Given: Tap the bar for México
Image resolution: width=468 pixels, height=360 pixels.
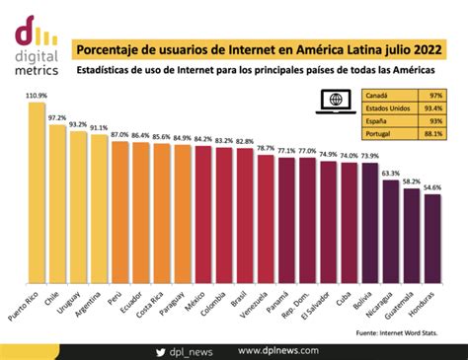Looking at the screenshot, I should click(x=203, y=216).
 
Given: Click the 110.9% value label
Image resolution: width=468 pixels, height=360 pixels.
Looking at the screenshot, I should click(x=36, y=96).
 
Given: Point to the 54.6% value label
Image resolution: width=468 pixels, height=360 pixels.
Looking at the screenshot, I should click(x=432, y=186).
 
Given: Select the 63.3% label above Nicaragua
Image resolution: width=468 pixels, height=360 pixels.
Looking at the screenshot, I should click(x=391, y=173).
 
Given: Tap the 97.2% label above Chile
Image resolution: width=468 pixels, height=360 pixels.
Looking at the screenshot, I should click(x=57, y=116).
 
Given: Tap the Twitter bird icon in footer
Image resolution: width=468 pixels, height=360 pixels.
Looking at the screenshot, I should click(x=160, y=350).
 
